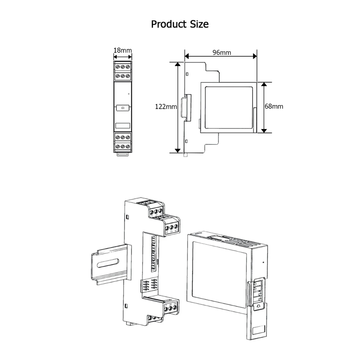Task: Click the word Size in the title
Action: (199, 24)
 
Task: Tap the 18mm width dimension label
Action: (123, 50)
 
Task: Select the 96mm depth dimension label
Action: (221, 53)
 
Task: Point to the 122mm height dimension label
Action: (166, 107)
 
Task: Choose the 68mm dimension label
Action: (274, 106)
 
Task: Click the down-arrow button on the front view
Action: (123, 108)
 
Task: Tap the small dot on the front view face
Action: (129, 94)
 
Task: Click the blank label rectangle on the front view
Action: (123, 126)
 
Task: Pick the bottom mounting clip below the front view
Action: (123, 154)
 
